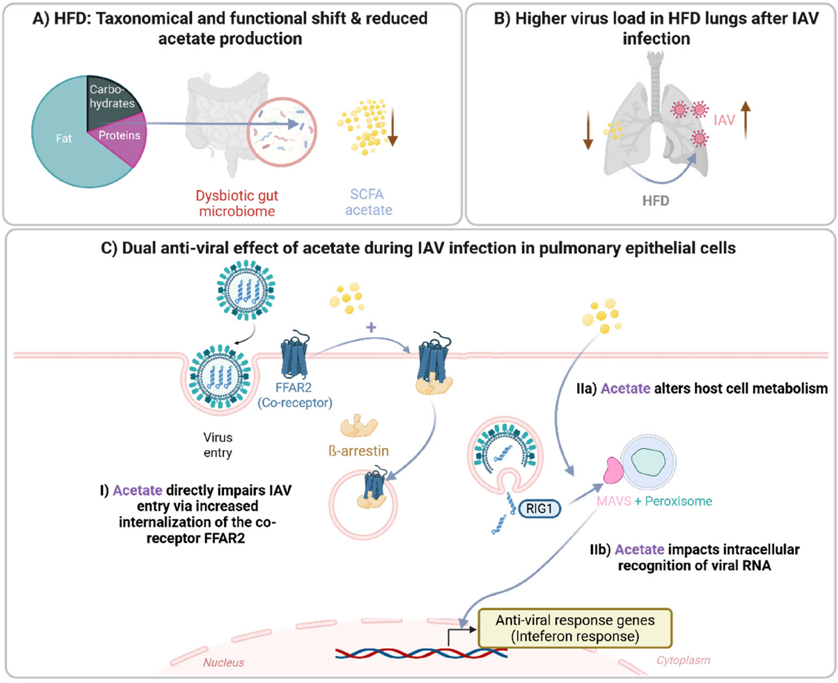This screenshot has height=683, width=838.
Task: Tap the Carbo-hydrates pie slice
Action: coord(111,100)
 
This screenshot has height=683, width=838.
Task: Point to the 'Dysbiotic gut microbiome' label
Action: coord(237,203)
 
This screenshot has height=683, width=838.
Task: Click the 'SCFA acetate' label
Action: coord(368,202)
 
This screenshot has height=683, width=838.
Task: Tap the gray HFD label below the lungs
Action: coord(656,201)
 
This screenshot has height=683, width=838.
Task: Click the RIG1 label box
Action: coord(539,509)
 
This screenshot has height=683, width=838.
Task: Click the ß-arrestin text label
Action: coord(358,451)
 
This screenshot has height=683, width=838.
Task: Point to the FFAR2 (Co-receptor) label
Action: coord(295,395)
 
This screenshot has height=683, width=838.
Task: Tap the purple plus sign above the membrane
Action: coord(371,327)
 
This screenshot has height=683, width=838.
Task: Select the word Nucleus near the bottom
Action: coord(223,663)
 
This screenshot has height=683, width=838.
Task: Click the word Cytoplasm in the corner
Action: coord(683,660)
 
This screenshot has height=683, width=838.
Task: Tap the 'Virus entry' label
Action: coord(217,445)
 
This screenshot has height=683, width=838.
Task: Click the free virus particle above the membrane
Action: coord(246,290)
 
